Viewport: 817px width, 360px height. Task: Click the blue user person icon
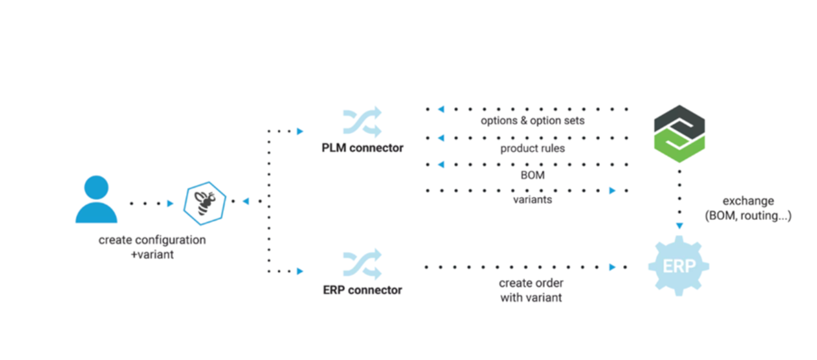point(96,199)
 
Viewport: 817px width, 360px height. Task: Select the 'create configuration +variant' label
point(152,247)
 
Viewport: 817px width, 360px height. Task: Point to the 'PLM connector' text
point(362,148)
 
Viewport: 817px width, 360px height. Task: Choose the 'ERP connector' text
point(362,290)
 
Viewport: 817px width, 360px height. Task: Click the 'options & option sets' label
point(532,121)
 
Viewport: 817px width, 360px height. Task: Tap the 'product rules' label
point(532,148)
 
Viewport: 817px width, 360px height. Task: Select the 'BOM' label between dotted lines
point(532,175)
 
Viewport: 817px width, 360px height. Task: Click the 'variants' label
point(532,199)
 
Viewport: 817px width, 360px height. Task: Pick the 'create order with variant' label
point(531,290)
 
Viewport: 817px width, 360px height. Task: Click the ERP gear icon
point(679,266)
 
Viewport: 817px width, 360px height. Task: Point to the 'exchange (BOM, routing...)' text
point(748,208)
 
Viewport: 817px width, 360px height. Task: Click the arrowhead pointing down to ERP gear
point(679,225)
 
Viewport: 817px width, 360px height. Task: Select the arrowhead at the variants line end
point(612,191)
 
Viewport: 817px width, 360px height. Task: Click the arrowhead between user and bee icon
point(170,204)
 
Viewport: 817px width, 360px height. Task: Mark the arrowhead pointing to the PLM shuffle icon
point(299,131)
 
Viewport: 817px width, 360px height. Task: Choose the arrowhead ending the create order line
point(612,267)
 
